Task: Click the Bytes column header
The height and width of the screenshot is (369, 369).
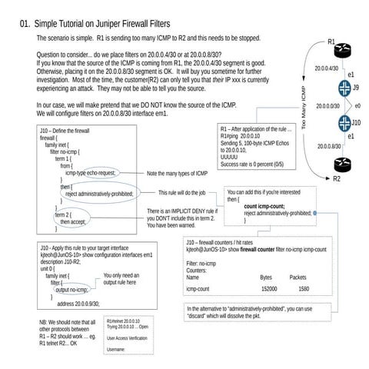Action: point(266,277)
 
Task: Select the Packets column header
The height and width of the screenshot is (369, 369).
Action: point(298,277)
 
